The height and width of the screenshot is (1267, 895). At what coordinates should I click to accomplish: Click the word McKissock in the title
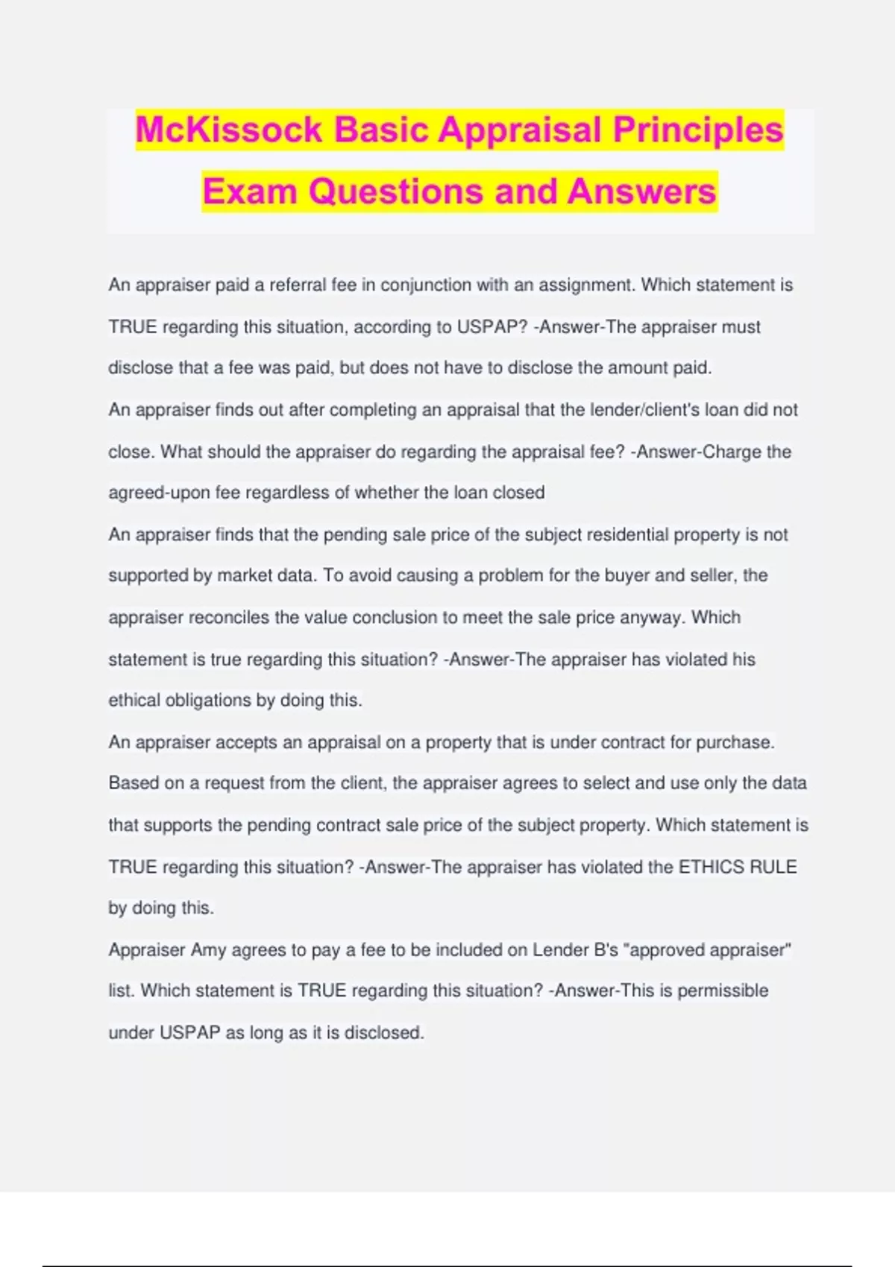[229, 130]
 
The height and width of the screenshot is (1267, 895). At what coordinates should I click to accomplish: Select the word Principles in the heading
[698, 130]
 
